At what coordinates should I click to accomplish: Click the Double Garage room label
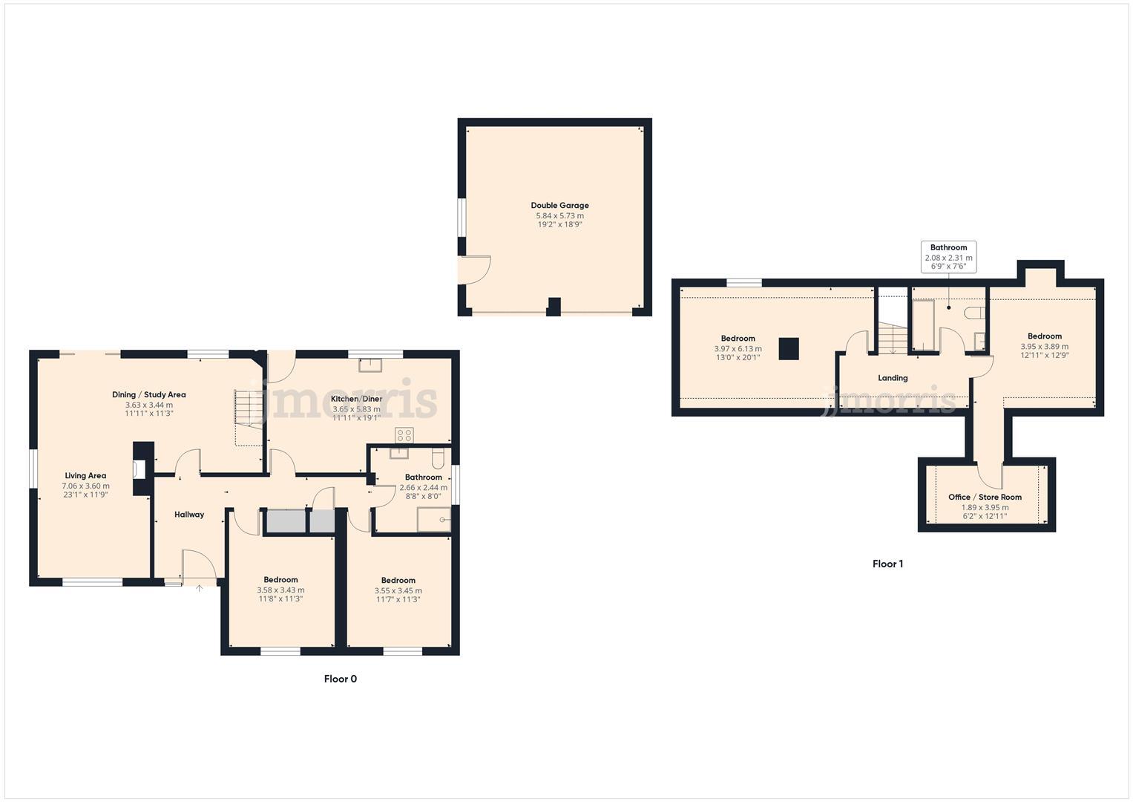pyautogui.click(x=559, y=206)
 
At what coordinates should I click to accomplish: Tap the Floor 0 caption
pyautogui.click(x=341, y=679)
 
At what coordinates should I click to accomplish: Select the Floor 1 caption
pyautogui.click(x=887, y=564)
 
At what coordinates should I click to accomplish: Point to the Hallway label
pyautogui.click(x=189, y=515)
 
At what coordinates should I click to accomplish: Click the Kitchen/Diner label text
pyautogui.click(x=356, y=399)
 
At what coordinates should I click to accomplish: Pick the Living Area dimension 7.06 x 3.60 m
pyautogui.click(x=85, y=486)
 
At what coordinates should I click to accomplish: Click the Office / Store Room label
pyautogui.click(x=985, y=498)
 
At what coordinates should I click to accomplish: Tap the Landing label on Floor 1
pyautogui.click(x=893, y=378)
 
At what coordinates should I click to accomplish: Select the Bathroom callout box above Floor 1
pyautogui.click(x=948, y=257)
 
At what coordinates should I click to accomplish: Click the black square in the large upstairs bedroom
pyautogui.click(x=789, y=349)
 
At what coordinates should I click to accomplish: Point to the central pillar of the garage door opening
pyautogui.click(x=553, y=306)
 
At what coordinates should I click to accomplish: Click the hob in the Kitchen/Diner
pyautogui.click(x=404, y=434)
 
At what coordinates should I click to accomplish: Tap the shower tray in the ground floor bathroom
pyautogui.click(x=433, y=520)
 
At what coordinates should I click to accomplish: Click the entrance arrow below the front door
pyautogui.click(x=199, y=588)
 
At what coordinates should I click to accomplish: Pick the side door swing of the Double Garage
pyautogui.click(x=475, y=270)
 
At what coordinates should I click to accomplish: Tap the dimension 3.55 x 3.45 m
pyautogui.click(x=398, y=590)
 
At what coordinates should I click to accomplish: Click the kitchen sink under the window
pyautogui.click(x=370, y=365)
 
